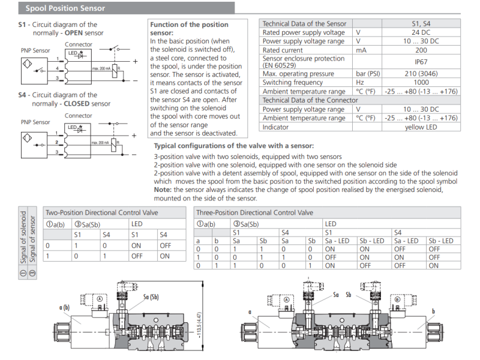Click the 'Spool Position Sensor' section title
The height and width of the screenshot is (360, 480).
[x=65, y=8]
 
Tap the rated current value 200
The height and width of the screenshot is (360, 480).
[x=421, y=50]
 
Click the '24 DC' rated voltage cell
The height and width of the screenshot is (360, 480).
[x=421, y=32]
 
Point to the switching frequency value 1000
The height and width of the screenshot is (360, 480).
[x=421, y=82]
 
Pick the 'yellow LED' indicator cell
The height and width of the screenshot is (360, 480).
[x=421, y=127]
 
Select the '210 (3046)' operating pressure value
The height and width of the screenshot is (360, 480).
[x=421, y=73]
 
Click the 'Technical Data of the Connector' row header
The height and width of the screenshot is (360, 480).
[x=310, y=100]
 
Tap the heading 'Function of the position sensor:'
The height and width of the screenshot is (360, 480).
[x=189, y=28]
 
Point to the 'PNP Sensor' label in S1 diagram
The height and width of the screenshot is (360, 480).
[x=35, y=51]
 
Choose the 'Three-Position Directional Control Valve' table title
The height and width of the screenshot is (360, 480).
[x=254, y=213]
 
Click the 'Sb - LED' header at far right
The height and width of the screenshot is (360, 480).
[x=440, y=241]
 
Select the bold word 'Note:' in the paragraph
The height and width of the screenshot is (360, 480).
[x=164, y=190]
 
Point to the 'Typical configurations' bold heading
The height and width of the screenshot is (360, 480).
[x=233, y=146]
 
